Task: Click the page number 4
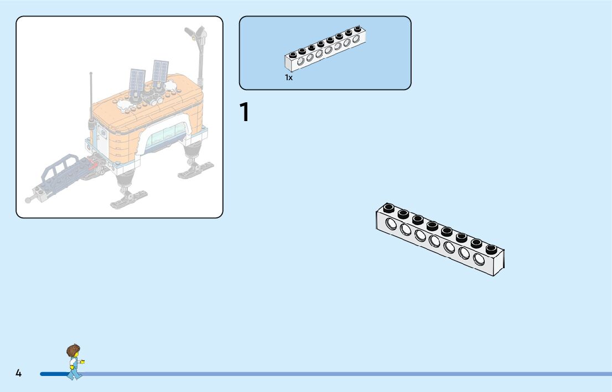point(18,374)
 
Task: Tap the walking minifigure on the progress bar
point(74,363)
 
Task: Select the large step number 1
point(244,112)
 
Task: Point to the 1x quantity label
point(288,78)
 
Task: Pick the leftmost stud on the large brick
point(389,208)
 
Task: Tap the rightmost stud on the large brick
point(491,248)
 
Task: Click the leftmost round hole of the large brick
point(391,223)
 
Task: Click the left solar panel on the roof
point(137,80)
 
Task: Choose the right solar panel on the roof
point(160,71)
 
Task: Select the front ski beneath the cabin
point(128,197)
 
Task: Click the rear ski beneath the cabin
point(196,169)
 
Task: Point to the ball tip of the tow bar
point(28,200)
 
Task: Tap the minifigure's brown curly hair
point(72,351)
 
